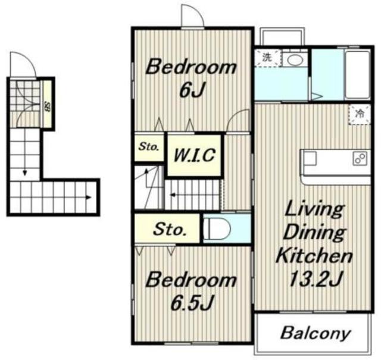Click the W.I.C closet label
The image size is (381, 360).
(x=195, y=155)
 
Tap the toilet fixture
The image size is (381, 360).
(x=217, y=228)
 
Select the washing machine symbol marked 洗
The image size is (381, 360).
(x=267, y=58)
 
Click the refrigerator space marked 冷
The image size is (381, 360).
(x=360, y=114)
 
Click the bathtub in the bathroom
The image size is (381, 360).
(x=358, y=74)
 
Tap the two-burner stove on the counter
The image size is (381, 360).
(x=360, y=158)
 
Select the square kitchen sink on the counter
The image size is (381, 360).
(x=308, y=158)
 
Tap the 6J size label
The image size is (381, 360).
(x=192, y=90)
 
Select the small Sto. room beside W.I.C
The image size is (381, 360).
(x=149, y=147)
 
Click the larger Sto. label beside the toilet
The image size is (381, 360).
(x=169, y=229)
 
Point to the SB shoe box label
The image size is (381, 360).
(x=48, y=108)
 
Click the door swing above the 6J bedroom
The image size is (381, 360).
(x=192, y=16)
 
